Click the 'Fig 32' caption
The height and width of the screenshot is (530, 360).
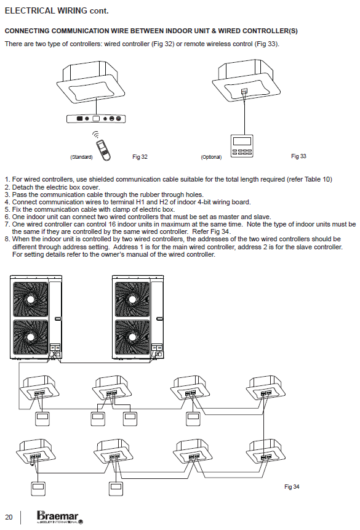tap(140, 157)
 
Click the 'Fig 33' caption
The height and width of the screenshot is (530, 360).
tap(298, 156)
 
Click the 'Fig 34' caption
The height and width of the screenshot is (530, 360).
tap(292, 487)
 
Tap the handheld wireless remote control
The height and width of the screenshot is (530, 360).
tap(103, 149)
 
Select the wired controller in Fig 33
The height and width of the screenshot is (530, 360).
tap(242, 146)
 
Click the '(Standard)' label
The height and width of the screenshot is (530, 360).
tap(81, 157)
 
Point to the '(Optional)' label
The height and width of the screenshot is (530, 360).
tap(211, 157)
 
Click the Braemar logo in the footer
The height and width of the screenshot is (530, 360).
tap(60, 517)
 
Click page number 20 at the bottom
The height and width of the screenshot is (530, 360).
tap(9, 517)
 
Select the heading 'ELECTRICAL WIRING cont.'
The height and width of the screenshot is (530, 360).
tap(57, 11)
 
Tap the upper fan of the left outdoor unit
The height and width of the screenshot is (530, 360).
tap(30, 300)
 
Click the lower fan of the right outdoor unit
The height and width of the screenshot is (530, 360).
tap(132, 337)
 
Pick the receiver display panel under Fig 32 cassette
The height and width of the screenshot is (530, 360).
tap(97, 119)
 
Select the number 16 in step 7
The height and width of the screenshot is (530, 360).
tap(112, 225)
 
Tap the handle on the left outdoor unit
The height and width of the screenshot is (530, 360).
tap(58, 319)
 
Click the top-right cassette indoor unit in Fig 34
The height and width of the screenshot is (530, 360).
tap(266, 388)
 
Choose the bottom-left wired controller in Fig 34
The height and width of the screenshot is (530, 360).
tap(38, 488)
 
